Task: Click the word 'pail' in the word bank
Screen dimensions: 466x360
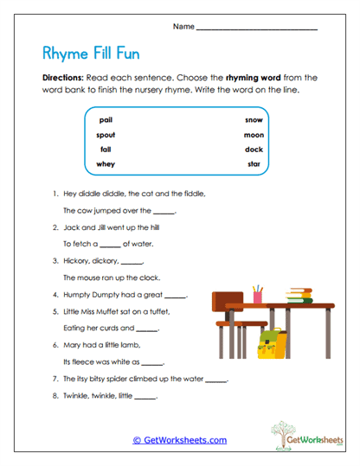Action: (x=106, y=120)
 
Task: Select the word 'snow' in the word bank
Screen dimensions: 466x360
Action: (x=254, y=120)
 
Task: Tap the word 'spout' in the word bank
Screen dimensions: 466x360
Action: (x=106, y=135)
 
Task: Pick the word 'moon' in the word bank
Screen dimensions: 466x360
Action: (x=254, y=135)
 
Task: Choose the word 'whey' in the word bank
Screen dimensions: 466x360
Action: (x=106, y=163)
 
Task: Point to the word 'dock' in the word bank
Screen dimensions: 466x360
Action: (x=254, y=150)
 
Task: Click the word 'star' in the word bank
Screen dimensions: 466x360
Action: (x=254, y=163)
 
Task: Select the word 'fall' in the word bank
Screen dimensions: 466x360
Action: (x=106, y=150)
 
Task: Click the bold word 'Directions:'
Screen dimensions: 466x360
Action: (x=61, y=77)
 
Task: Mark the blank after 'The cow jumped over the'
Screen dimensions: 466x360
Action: (x=164, y=211)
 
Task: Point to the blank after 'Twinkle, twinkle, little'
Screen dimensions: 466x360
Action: (x=145, y=397)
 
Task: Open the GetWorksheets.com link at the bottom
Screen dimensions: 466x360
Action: (x=179, y=440)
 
